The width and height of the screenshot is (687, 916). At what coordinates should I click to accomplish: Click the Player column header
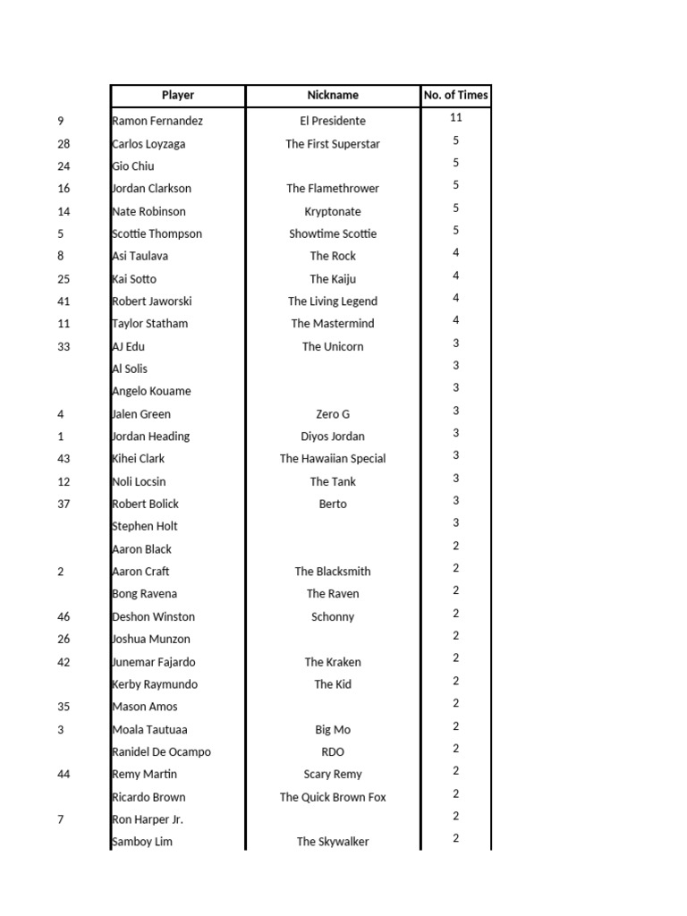(x=177, y=95)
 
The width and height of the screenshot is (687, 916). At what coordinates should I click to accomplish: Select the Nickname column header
(x=333, y=95)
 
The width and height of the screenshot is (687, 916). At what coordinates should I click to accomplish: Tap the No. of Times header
(x=456, y=95)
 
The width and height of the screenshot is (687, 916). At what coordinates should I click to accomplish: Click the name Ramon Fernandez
(x=157, y=121)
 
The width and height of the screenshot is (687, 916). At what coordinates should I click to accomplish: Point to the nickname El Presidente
(x=333, y=121)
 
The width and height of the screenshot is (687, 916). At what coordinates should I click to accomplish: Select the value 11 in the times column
(x=456, y=117)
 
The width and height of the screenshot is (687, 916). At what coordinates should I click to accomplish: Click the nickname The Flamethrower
(x=333, y=189)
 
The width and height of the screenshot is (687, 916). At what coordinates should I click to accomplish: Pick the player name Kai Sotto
(x=134, y=279)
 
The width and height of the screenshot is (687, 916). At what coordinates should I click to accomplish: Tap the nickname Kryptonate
(x=333, y=212)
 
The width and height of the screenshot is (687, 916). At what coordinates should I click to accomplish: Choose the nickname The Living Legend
(x=333, y=301)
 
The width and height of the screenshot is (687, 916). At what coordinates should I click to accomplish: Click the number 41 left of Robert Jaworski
(x=64, y=301)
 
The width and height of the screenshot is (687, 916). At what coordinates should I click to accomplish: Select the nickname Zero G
(x=333, y=414)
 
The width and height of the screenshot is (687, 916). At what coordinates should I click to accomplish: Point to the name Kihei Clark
(x=139, y=459)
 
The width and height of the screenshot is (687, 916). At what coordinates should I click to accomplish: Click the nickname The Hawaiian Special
(x=333, y=459)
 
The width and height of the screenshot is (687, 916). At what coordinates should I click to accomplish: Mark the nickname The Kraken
(x=333, y=662)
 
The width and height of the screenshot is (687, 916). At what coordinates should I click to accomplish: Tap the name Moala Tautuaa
(x=149, y=730)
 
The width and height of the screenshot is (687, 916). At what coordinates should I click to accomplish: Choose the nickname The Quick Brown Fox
(x=333, y=797)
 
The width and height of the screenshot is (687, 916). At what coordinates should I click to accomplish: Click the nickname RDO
(x=333, y=752)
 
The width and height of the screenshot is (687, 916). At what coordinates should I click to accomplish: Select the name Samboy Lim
(x=142, y=842)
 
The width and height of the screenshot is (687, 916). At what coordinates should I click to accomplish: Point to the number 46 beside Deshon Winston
(x=64, y=617)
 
